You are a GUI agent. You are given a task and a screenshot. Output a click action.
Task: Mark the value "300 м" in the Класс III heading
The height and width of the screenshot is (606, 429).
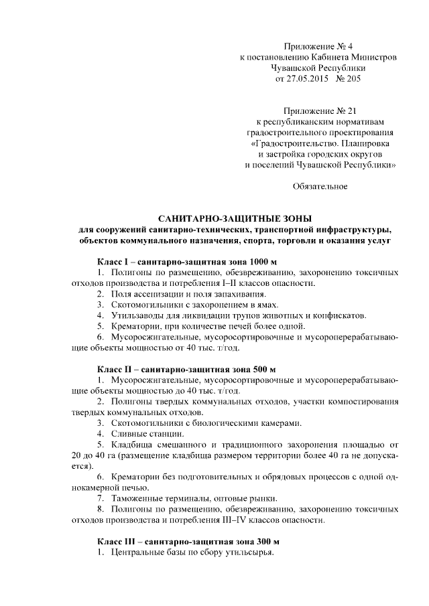click(267, 541)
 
